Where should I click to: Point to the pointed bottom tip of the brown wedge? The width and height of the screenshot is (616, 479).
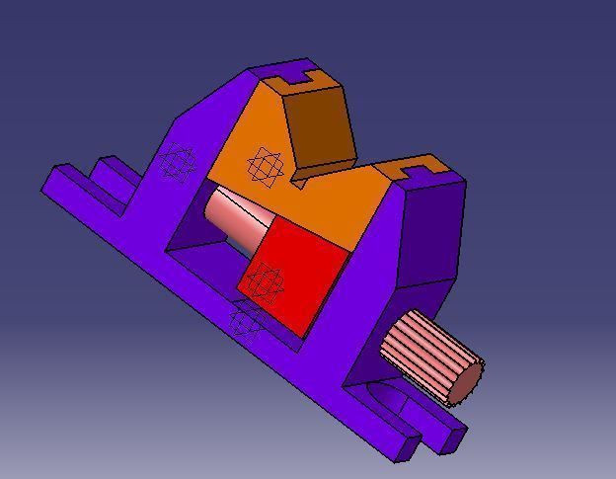click(296, 182)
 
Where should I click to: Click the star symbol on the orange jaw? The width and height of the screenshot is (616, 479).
click(265, 166)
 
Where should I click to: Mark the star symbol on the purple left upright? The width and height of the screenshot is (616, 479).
click(178, 161)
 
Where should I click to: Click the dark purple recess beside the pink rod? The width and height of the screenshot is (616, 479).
click(202, 247)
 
